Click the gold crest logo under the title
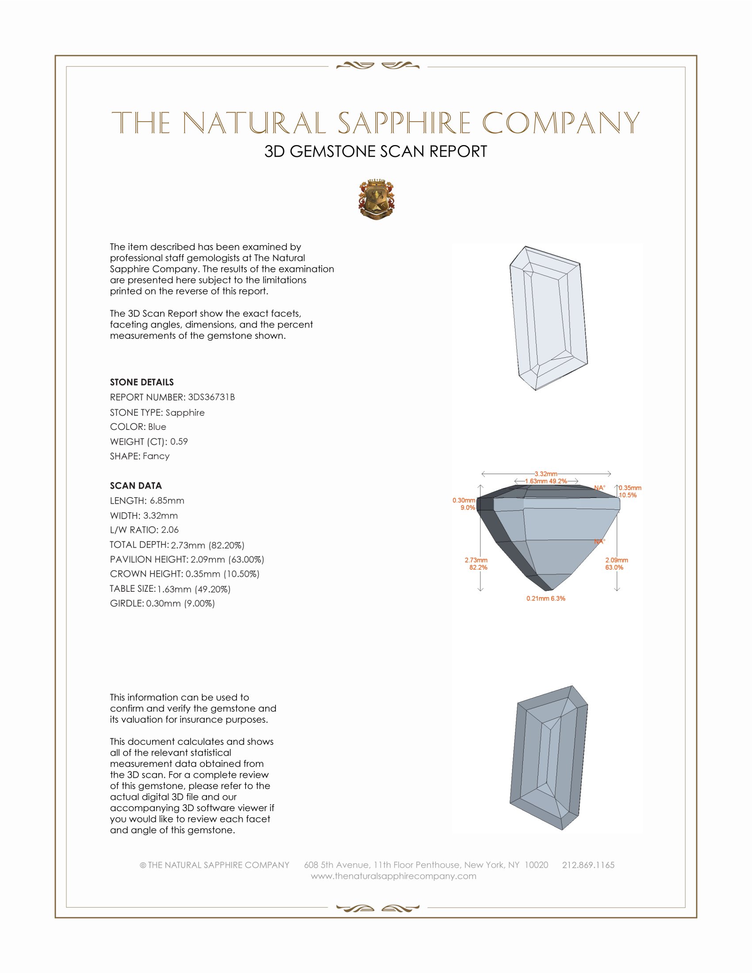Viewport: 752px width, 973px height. pyautogui.click(x=376, y=199)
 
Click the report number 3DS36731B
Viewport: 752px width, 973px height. pyautogui.click(x=211, y=397)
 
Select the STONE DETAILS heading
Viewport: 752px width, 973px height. pyautogui.click(x=142, y=382)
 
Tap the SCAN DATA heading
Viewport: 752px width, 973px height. pyautogui.click(x=136, y=486)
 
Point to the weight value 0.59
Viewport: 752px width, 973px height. pyautogui.click(x=179, y=441)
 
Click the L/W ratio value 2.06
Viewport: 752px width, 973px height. pyautogui.click(x=170, y=530)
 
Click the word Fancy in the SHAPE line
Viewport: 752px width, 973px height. pyautogui.click(x=156, y=456)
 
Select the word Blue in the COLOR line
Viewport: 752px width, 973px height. pyautogui.click(x=157, y=427)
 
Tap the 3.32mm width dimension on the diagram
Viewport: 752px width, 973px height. pyautogui.click(x=546, y=474)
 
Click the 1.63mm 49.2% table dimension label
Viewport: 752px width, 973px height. pyautogui.click(x=546, y=481)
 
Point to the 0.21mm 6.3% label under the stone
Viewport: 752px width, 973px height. pyautogui.click(x=546, y=598)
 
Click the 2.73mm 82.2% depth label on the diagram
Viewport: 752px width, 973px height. pyautogui.click(x=476, y=563)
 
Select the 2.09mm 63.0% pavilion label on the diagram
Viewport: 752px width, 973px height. pyautogui.click(x=616, y=563)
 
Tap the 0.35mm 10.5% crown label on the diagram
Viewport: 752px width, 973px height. pyautogui.click(x=629, y=491)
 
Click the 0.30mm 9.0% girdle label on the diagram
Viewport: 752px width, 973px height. pyautogui.click(x=464, y=504)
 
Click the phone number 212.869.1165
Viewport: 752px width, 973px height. pyautogui.click(x=588, y=865)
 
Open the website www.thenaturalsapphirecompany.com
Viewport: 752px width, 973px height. pyautogui.click(x=393, y=876)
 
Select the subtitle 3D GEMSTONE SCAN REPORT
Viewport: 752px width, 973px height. pyautogui.click(x=376, y=151)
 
